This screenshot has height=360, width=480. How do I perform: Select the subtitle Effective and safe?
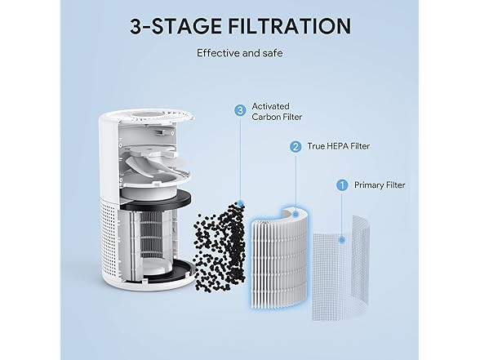(239, 54)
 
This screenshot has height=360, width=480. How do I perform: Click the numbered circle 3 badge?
(239, 109)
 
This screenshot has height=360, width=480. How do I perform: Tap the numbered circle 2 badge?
(295, 147)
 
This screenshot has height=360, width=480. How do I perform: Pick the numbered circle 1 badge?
(342, 184)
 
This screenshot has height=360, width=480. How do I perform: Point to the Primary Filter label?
(379, 184)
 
